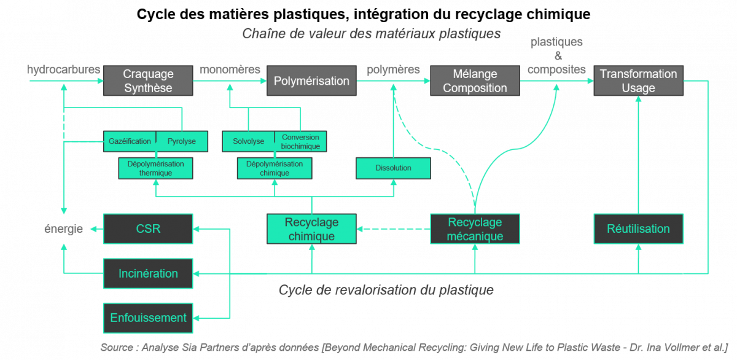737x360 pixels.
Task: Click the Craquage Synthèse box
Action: click(148, 80)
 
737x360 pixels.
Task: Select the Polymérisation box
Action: click(311, 80)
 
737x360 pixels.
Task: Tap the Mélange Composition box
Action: click(475, 80)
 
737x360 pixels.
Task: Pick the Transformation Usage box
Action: click(638, 80)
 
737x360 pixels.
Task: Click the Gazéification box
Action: click(130, 141)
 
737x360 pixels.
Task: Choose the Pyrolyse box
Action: click(182, 141)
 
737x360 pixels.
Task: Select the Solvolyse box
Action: click(248, 141)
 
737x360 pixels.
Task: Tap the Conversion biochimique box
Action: click(300, 141)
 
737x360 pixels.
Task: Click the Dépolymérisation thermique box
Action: click(155, 168)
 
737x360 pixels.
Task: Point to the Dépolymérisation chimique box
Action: click(275, 168)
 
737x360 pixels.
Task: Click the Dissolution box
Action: click(393, 168)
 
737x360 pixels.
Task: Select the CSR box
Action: click(148, 229)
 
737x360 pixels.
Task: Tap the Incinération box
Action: click(148, 273)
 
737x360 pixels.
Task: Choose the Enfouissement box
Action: click(148, 318)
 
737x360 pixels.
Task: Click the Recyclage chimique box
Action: click(311, 229)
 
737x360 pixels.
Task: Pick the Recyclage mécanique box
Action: click(475, 229)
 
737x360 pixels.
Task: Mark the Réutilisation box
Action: click(638, 229)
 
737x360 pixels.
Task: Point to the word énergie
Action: click(63, 229)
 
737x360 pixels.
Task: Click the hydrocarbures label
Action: click(63, 69)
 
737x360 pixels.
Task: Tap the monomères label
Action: click(230, 69)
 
